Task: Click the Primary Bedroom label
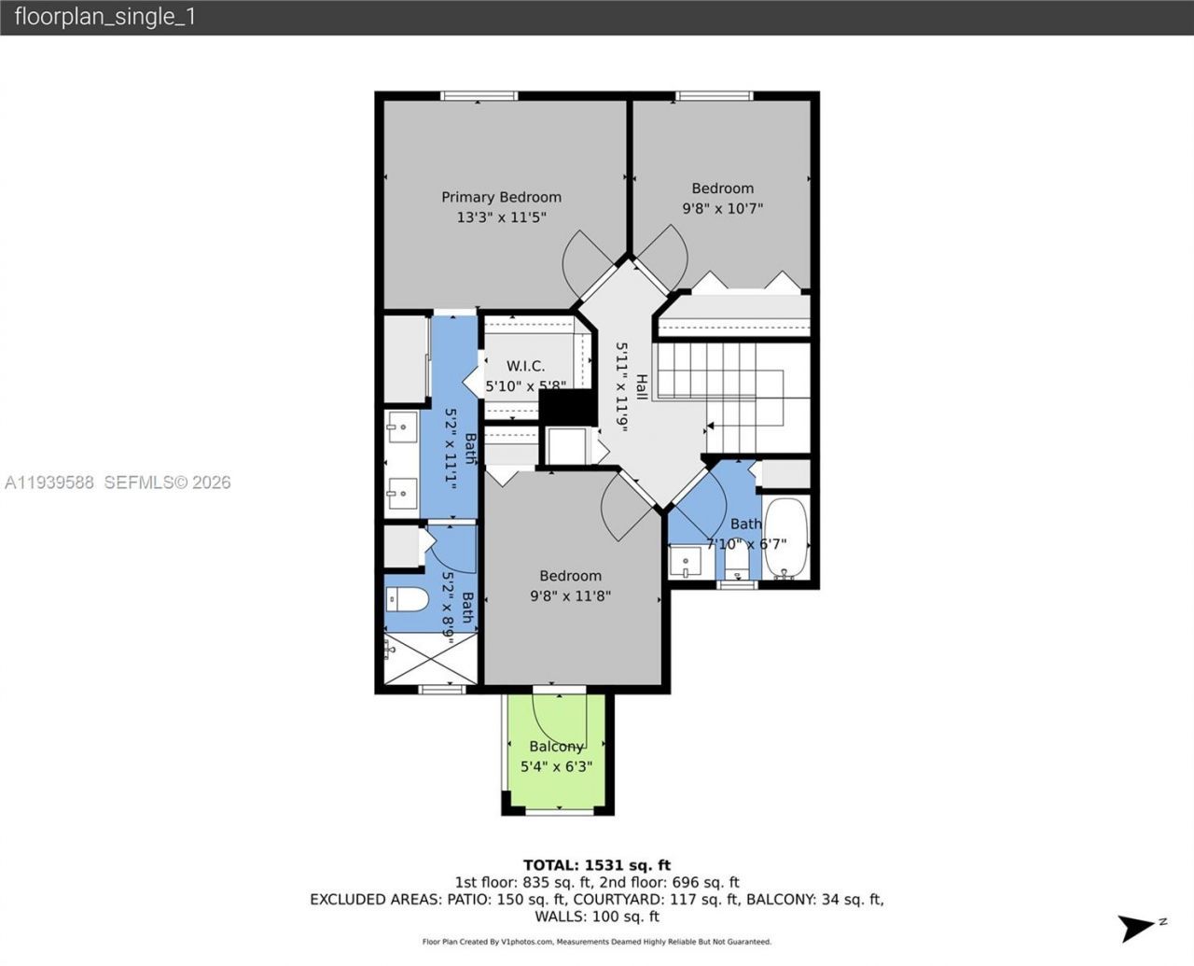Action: coord(501,197)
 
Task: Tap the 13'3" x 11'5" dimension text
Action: coord(501,217)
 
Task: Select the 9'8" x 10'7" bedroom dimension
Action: coord(722,209)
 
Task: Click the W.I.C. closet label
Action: coord(525,366)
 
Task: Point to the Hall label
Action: coord(642,386)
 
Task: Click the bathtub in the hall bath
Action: coord(785,539)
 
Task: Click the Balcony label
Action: coord(556,747)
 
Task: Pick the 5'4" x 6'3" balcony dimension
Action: coord(556,767)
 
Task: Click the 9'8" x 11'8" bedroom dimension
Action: coord(570,595)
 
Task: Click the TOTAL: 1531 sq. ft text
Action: coord(597,865)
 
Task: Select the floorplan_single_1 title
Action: coord(104,17)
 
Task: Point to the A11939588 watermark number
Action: coord(49,483)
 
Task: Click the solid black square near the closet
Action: coord(567,407)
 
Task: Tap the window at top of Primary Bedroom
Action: coord(479,95)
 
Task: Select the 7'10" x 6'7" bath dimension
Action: coord(746,544)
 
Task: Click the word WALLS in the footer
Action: coord(563,917)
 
